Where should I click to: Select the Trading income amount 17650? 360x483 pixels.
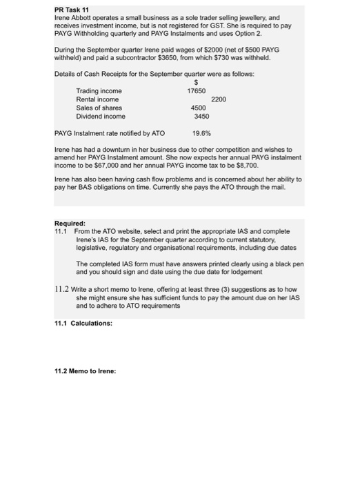197,90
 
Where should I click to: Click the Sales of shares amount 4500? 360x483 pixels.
199,108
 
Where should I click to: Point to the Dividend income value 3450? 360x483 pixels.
201,117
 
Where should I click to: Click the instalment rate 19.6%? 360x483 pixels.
202,132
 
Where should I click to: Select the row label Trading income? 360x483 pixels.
99,90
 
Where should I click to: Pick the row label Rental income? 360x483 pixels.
97,99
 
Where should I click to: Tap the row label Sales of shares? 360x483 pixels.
99,108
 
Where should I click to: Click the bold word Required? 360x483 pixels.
70,223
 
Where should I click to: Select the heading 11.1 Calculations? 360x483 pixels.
83,323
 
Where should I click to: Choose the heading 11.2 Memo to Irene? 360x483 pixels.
86,371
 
